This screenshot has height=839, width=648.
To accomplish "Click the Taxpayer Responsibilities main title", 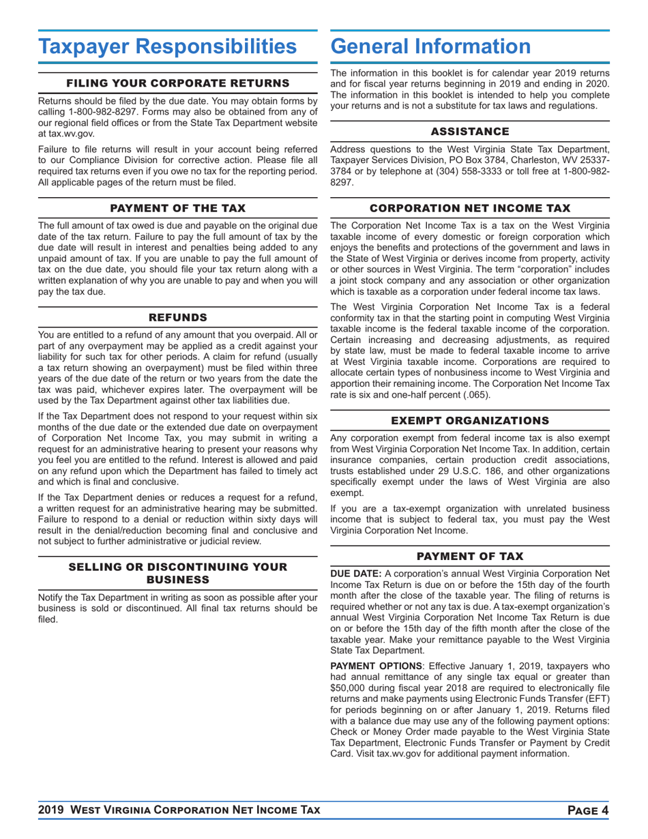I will [168, 47].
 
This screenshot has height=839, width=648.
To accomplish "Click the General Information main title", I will [430, 47].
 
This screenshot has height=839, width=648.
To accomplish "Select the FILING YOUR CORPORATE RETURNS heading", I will [177, 83].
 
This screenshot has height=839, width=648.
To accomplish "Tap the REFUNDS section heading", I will [177, 317].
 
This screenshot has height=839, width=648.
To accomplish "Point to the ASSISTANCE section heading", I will [470, 131].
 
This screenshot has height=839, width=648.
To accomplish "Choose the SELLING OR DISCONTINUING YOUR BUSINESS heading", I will [177, 574].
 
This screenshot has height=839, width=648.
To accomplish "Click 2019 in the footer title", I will [52, 810].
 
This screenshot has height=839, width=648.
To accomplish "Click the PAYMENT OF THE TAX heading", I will [177, 207].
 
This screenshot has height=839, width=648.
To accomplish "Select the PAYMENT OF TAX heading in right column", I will [470, 554].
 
